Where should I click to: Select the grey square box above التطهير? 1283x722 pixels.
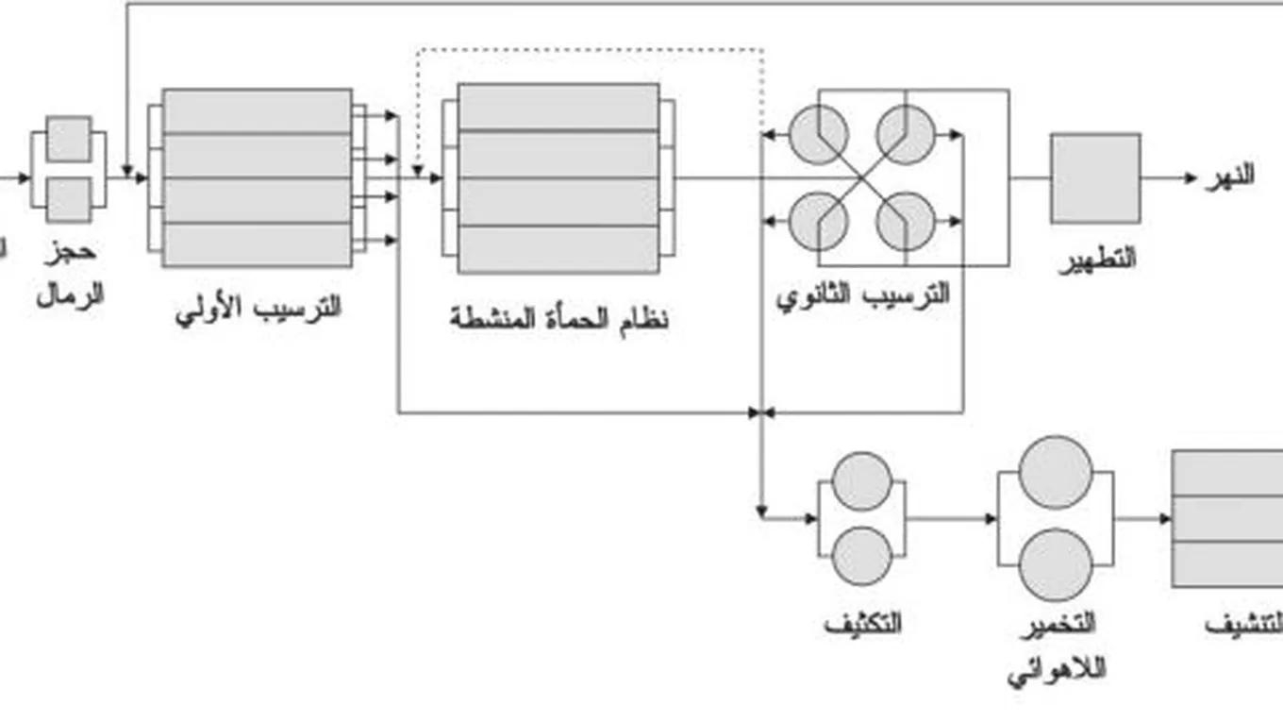(x=1095, y=177)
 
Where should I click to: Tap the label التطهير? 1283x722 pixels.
(x=1096, y=259)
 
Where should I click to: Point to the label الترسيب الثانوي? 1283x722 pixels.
(x=862, y=294)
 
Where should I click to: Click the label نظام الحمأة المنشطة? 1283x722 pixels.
(x=558, y=318)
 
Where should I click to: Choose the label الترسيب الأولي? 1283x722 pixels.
(x=258, y=309)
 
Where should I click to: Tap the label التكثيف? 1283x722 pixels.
(x=862, y=624)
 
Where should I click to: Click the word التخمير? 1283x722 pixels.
(x=1057, y=624)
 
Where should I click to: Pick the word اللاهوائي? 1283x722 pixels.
(x=1057, y=670)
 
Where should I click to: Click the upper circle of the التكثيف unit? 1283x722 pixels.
(x=862, y=481)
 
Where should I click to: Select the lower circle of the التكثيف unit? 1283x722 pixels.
(x=862, y=556)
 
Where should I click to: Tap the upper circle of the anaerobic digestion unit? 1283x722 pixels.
(x=1057, y=472)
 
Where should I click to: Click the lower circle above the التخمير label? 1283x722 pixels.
(x=1057, y=564)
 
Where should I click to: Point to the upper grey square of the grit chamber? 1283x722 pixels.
(x=69, y=139)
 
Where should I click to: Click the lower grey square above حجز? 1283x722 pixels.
(x=69, y=200)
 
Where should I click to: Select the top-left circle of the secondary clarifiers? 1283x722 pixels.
(x=818, y=134)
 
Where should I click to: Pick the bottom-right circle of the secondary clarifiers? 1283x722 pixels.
(x=906, y=222)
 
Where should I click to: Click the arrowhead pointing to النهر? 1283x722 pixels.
(x=1191, y=177)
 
